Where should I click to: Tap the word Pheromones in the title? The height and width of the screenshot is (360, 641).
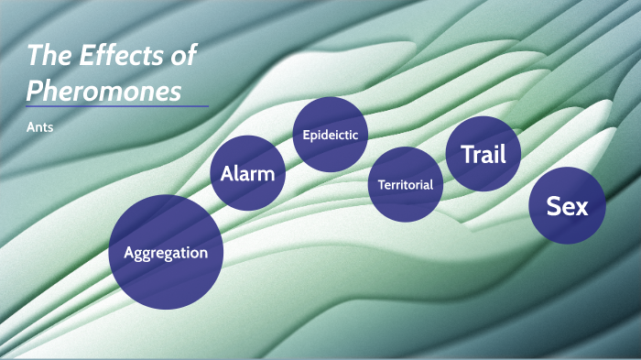pos(103,90)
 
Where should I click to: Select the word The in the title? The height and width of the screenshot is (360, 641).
pos(46,57)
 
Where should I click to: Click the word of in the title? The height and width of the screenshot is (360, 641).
pos(182,57)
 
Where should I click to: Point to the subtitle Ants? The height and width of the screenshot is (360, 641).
pos(40,127)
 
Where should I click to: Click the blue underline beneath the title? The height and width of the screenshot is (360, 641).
pos(117,106)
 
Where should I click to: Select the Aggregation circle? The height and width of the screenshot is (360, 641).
pos(166,252)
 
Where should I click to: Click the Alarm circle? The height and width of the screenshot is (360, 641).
pos(247,172)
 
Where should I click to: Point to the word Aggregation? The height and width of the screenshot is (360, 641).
pos(166,253)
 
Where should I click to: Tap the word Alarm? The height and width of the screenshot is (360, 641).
pos(247,172)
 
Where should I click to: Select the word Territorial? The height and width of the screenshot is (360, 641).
pos(406,185)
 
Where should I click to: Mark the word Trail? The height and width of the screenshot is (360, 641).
pos(483,154)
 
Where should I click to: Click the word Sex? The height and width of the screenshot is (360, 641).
pos(568,206)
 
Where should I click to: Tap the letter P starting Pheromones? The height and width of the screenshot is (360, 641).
pos(34,90)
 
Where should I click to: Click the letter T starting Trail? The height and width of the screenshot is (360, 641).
pos(467,154)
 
